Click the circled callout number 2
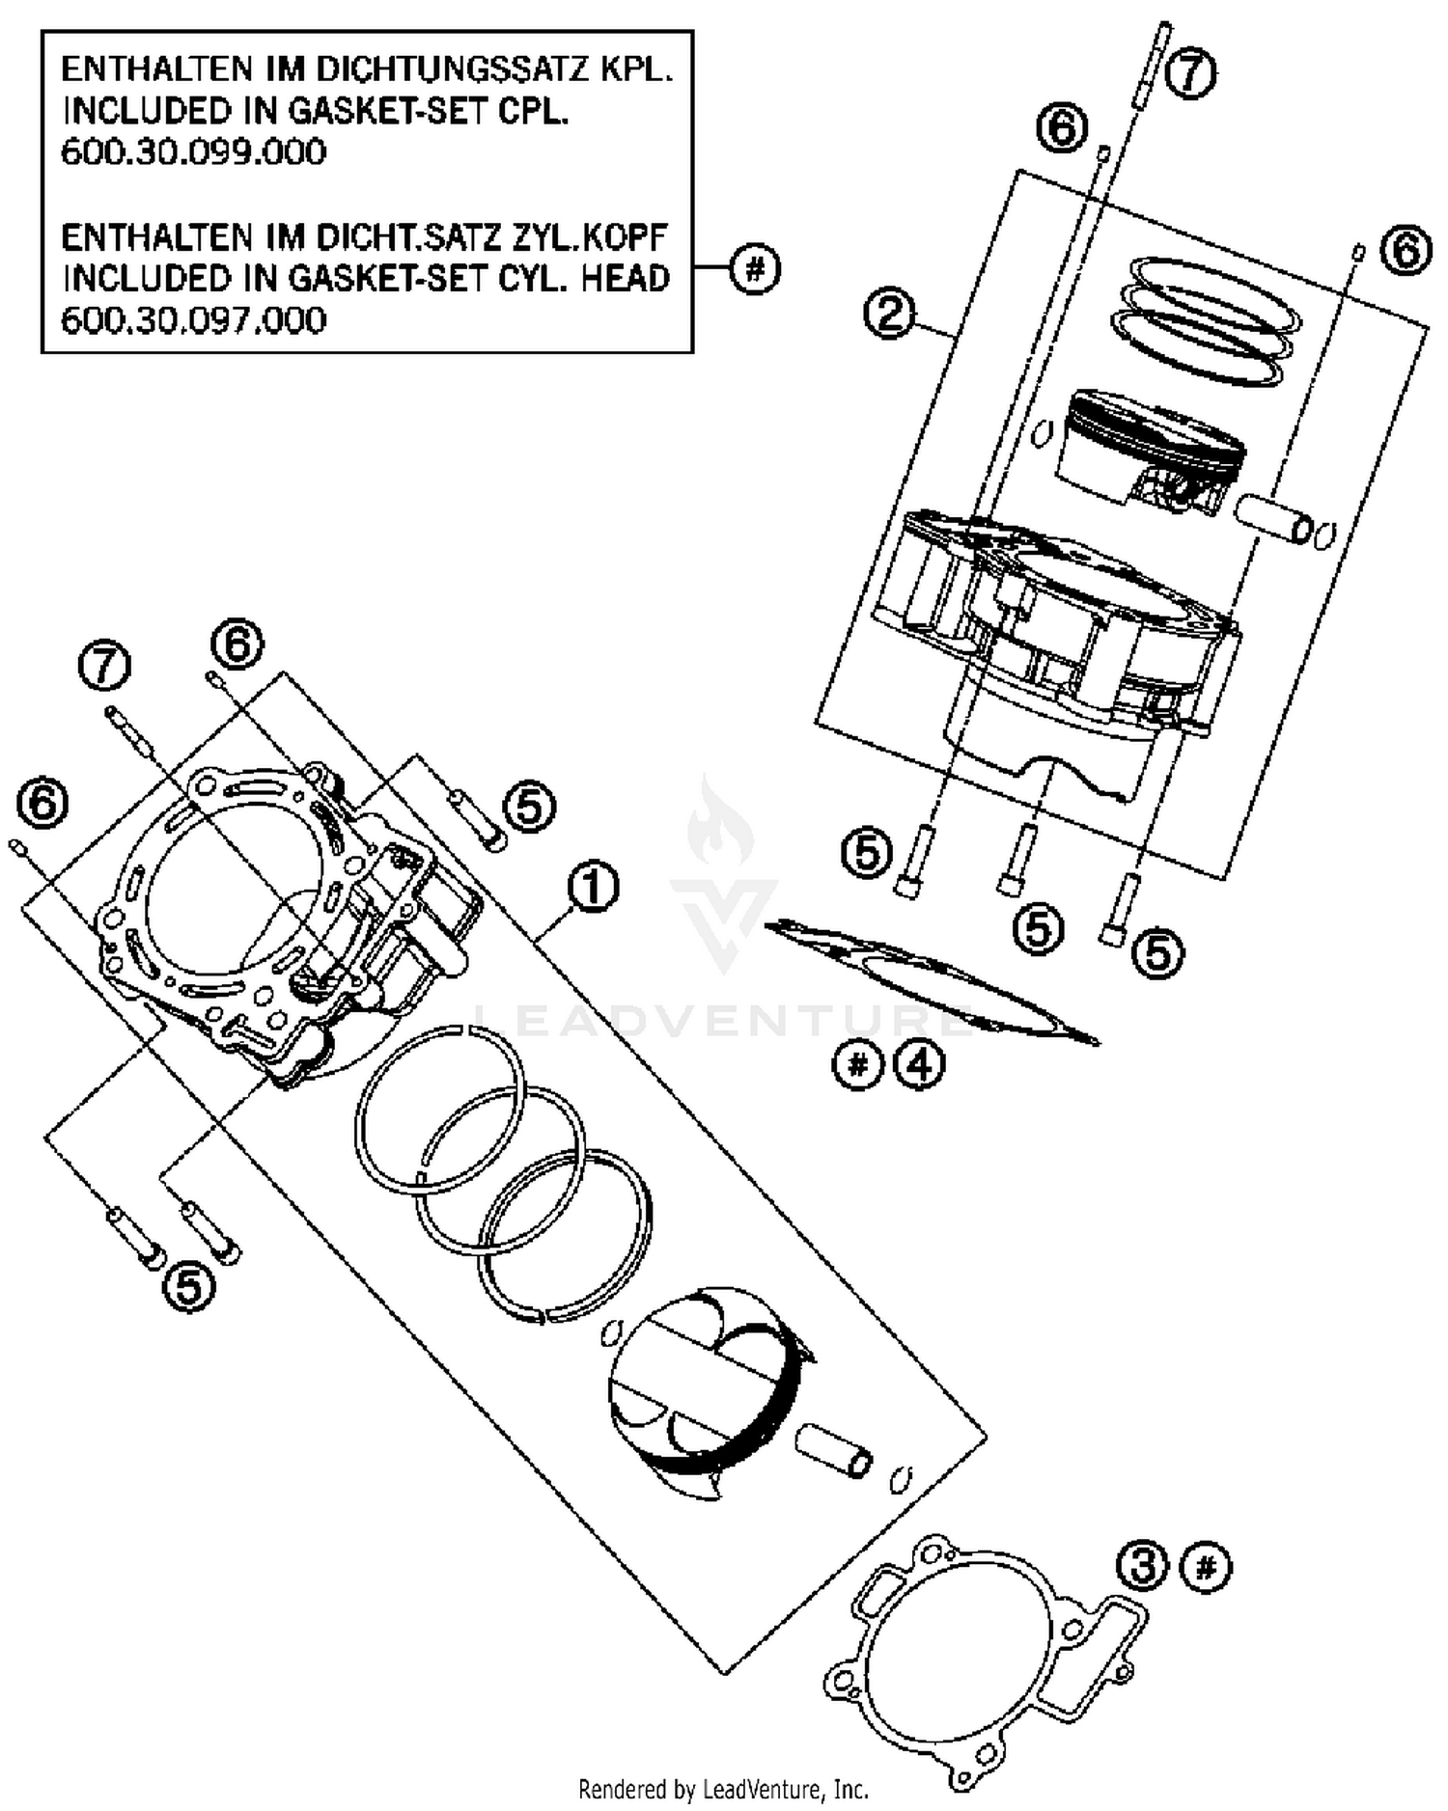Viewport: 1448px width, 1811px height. (889, 313)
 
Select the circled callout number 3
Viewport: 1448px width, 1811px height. (1144, 1566)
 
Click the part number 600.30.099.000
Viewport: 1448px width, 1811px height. (193, 152)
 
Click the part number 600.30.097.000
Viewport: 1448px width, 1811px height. (193, 319)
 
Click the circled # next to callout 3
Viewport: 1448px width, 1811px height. (1207, 1566)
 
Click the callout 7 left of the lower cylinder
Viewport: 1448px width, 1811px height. (104, 666)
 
